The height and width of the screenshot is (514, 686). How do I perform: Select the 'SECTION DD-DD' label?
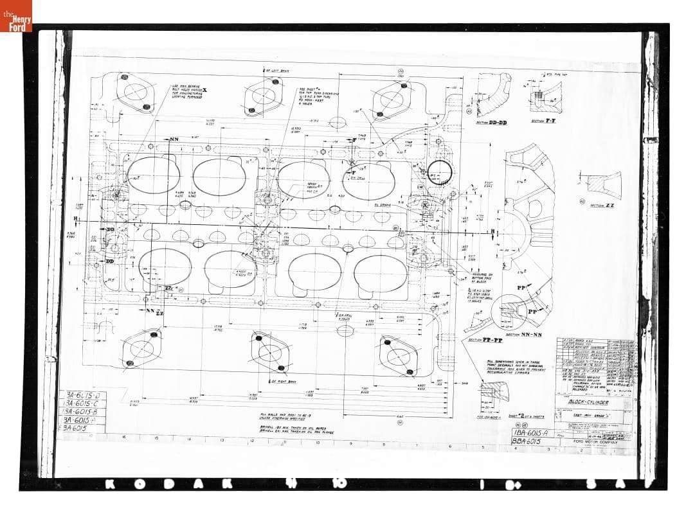pos(492,122)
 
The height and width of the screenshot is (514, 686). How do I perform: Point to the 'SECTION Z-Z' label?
pos(600,205)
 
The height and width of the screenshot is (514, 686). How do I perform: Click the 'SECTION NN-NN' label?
pos(524,334)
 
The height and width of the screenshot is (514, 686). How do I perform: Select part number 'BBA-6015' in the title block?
pos(528,442)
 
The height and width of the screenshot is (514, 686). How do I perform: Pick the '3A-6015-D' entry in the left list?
pos(83,394)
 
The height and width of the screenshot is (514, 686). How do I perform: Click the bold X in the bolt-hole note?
pos(204,89)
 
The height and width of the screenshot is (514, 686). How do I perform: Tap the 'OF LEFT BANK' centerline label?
pos(278,71)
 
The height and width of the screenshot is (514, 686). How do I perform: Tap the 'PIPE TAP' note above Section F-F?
pos(552,75)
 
